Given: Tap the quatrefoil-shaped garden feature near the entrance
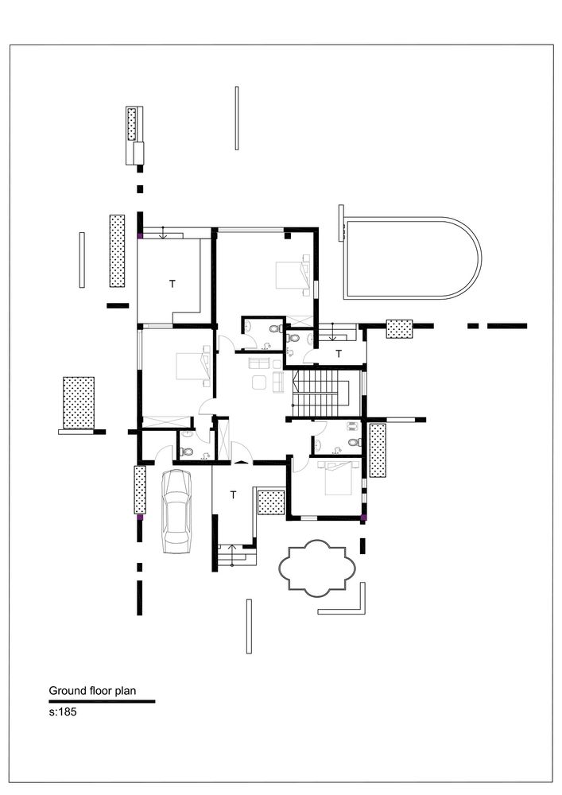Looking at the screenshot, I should (315, 568).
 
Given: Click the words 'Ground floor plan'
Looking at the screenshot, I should (92, 691).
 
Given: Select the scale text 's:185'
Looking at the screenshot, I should (62, 712).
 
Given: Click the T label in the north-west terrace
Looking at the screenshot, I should (170, 282).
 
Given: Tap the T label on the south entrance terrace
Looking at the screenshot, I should (233, 494).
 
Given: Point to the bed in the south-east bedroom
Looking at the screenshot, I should (335, 475).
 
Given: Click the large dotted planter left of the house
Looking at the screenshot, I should (78, 403).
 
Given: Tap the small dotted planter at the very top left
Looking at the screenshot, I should (132, 124).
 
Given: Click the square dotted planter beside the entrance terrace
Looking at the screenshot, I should (272, 503).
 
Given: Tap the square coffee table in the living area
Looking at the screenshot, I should (260, 382).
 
